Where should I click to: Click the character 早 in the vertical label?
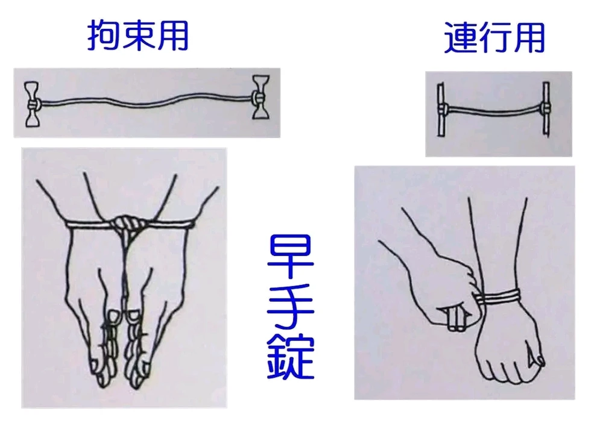[291, 257]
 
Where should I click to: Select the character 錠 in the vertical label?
[291, 357]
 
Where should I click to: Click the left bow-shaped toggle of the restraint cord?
[31, 104]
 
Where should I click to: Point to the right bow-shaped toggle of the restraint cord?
[260, 97]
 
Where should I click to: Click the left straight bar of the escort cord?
[441, 109]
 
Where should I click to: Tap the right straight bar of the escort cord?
[546, 108]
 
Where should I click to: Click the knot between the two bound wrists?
[127, 224]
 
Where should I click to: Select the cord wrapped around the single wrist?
[499, 297]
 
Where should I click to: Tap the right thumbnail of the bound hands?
[134, 315]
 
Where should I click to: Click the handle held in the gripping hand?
[456, 318]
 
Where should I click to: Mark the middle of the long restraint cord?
[146, 102]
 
